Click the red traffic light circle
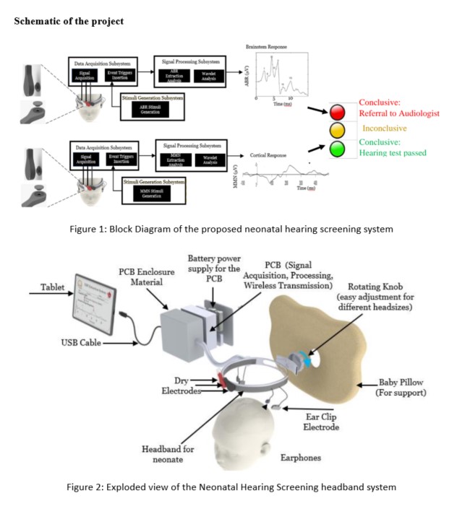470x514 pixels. point(338,112)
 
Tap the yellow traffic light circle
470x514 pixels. point(338,130)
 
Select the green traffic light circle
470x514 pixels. point(338,148)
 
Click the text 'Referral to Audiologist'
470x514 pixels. point(399,113)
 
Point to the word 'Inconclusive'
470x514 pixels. point(385,128)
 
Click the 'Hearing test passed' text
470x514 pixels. point(393,153)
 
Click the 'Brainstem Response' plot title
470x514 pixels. point(267,48)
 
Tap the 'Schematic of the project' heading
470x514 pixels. point(69,21)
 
